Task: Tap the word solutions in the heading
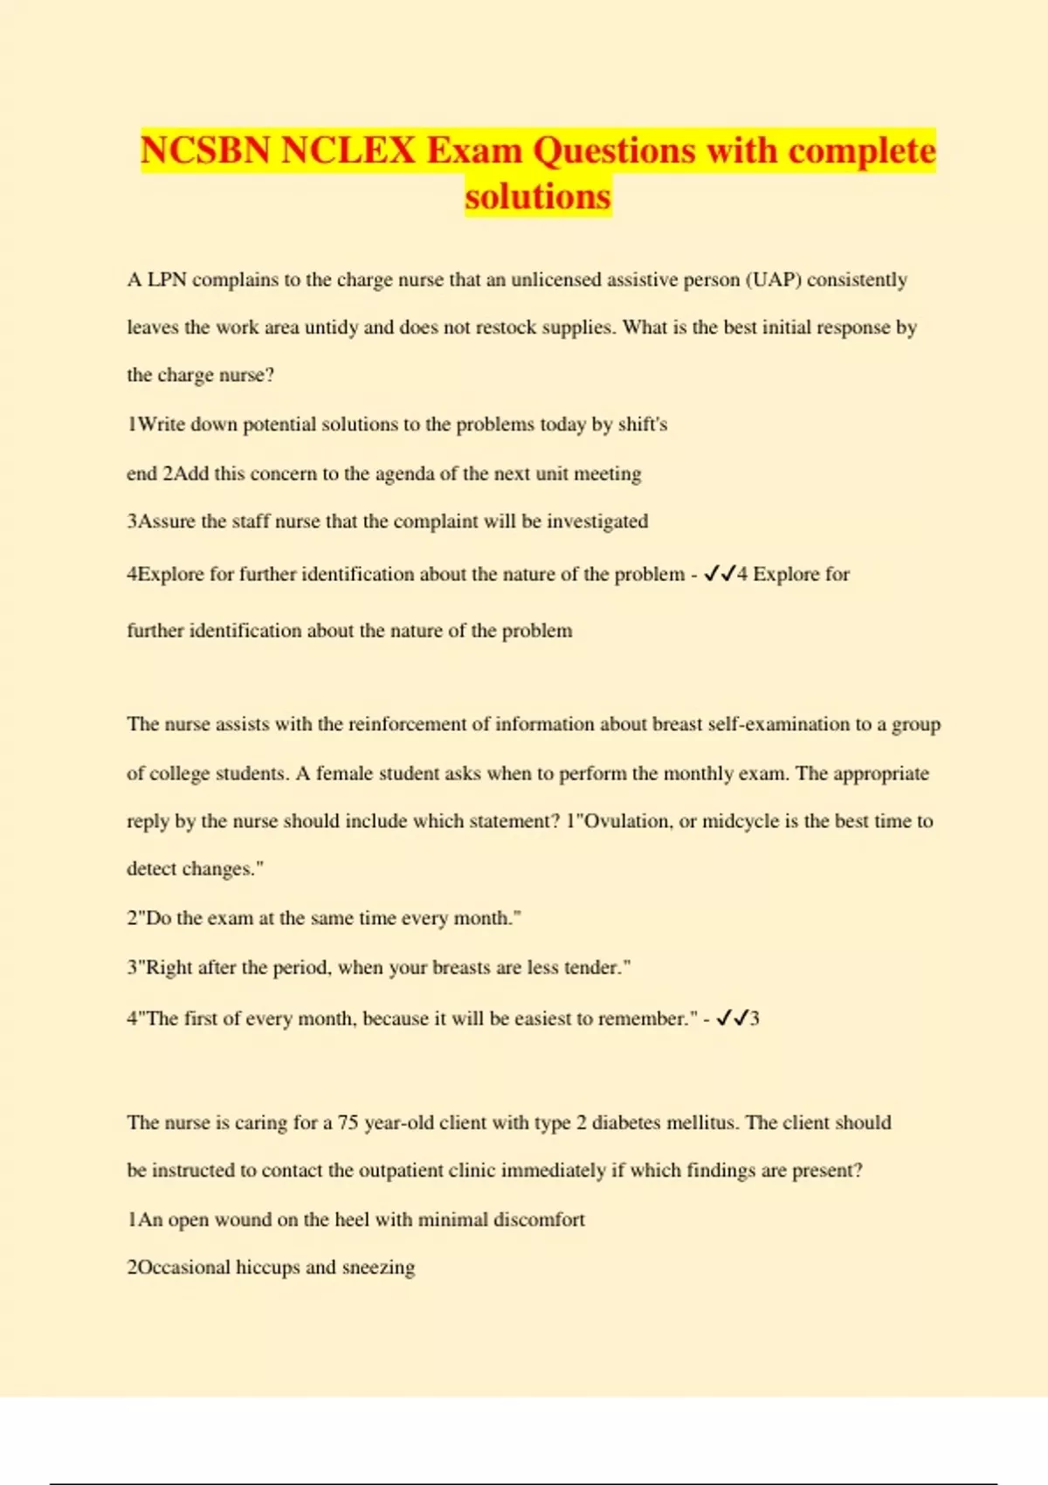[x=537, y=197]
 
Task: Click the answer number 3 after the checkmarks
[x=755, y=1019]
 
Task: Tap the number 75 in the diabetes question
[x=348, y=1122]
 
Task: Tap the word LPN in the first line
[x=167, y=280]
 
